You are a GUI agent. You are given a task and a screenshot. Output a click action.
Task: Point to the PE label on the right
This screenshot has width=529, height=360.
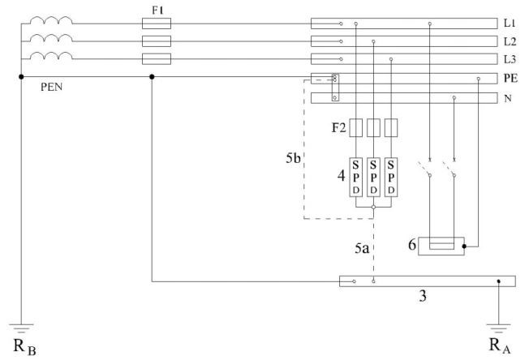pos(510,79)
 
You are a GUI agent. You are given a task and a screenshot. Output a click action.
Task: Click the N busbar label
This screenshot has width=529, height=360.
pos(508,99)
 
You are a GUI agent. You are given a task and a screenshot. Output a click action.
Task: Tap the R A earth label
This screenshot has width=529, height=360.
pos(497,343)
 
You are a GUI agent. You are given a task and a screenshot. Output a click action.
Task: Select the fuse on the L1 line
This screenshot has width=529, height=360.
pos(156,23)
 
